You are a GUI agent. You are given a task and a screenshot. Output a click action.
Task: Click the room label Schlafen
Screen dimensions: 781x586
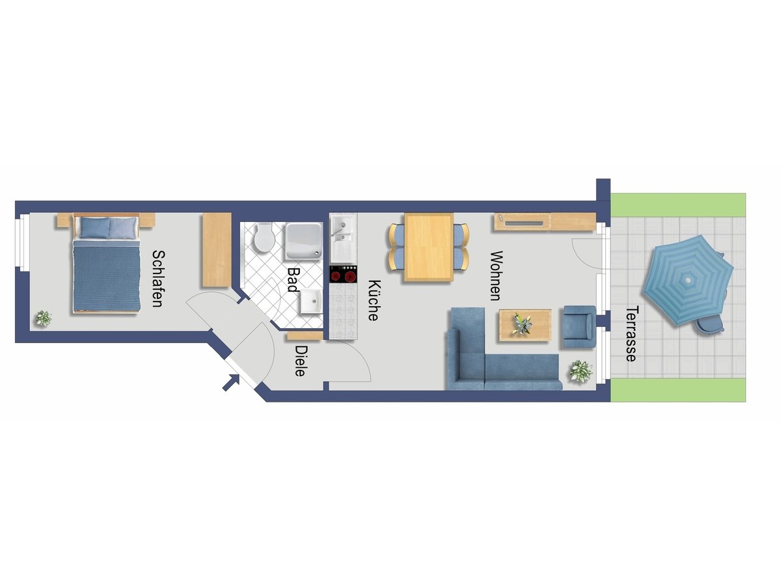pyautogui.click(x=158, y=279)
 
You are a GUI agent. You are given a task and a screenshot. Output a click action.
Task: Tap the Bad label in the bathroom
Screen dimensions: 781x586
pyautogui.click(x=293, y=279)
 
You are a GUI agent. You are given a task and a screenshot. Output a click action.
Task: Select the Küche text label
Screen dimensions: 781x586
pyautogui.click(x=374, y=300)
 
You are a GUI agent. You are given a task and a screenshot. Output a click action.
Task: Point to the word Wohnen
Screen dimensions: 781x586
pyautogui.click(x=496, y=275)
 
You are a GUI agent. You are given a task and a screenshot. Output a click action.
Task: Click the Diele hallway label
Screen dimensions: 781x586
pyautogui.click(x=301, y=361)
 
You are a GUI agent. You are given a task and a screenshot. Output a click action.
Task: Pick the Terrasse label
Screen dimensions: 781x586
pyautogui.click(x=631, y=334)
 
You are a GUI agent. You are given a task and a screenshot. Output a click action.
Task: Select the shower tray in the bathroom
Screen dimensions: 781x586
pyautogui.click(x=303, y=241)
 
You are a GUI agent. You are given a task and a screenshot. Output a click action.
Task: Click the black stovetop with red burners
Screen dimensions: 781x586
pyautogui.click(x=344, y=274)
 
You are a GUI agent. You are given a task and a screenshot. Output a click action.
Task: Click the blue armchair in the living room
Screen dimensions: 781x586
pyautogui.click(x=579, y=327)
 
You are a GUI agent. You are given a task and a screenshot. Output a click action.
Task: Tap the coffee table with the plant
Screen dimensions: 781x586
pyautogui.click(x=525, y=325)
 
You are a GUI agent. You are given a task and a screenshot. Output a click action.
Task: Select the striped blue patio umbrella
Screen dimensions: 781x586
pyautogui.click(x=687, y=280)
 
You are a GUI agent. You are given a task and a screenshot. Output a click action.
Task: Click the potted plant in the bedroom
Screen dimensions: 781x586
pyautogui.click(x=44, y=318)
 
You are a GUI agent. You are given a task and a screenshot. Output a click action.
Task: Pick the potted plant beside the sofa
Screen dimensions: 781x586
pyautogui.click(x=581, y=371)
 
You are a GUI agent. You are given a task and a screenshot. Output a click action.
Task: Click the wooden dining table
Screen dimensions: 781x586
pyautogui.click(x=429, y=247)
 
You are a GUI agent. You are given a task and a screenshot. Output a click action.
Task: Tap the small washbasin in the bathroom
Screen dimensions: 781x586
pyautogui.click(x=311, y=301)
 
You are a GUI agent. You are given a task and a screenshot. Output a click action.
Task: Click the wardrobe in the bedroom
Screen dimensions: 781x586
pyautogui.click(x=217, y=249)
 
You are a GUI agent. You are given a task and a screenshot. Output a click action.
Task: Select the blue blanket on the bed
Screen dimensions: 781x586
pyautogui.click(x=106, y=275)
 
